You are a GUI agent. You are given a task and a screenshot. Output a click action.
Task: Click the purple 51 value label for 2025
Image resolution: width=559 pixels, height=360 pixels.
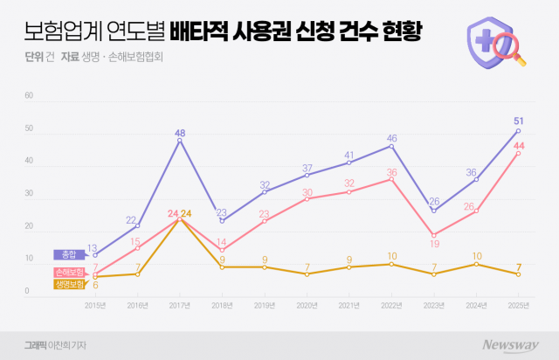coord(520,121)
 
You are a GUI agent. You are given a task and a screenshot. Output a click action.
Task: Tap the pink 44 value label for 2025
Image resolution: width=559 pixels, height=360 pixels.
coord(520,145)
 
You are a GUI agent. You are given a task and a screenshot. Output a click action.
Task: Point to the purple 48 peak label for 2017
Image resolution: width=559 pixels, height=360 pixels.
coord(180,133)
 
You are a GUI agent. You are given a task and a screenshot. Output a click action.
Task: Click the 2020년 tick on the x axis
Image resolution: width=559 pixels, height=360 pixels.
coord(307,306)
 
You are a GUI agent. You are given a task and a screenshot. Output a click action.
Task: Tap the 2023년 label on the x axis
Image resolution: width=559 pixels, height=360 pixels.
coord(435,306)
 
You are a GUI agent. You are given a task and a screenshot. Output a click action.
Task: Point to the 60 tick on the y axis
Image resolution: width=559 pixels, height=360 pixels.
coord(29,96)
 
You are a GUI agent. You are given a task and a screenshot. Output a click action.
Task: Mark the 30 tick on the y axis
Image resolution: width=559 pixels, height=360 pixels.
coord(29,194)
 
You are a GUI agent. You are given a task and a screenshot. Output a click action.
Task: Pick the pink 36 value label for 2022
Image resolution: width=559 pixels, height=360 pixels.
coord(392,172)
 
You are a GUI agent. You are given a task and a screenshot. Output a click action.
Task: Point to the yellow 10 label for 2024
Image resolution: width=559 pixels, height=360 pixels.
coord(477,256)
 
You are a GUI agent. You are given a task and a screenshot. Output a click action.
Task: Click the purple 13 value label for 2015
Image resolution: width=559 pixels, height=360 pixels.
coord(93,247)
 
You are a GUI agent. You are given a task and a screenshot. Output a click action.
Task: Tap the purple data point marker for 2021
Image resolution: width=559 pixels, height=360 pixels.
coord(349,163)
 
